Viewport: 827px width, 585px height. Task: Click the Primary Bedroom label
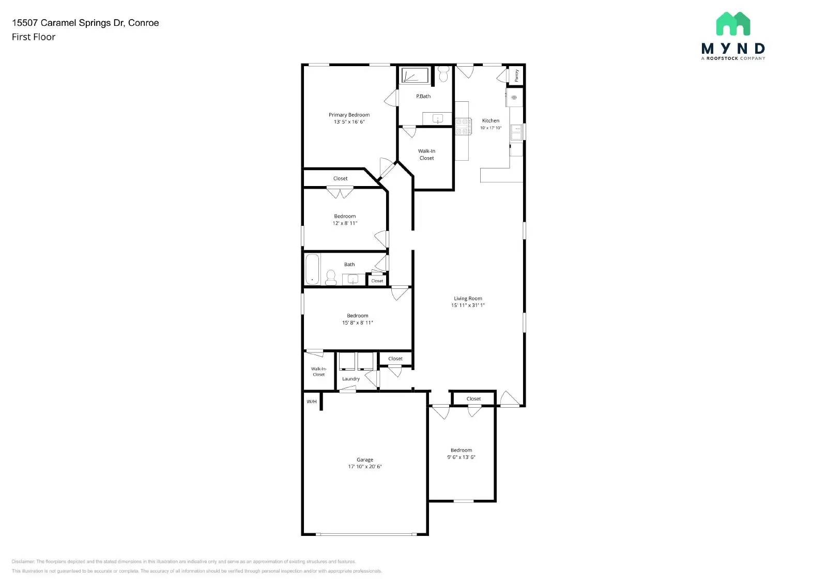click(349, 115)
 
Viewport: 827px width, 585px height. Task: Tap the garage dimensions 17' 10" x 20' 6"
click(364, 467)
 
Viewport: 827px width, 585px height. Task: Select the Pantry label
click(516, 75)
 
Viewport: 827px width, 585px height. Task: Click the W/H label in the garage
click(311, 402)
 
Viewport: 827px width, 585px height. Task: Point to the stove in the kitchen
click(463, 127)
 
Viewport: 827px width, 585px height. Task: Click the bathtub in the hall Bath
click(312, 269)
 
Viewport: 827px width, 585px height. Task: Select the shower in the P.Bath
click(415, 75)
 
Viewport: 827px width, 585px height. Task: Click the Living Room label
click(468, 298)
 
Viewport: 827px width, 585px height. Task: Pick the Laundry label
click(350, 379)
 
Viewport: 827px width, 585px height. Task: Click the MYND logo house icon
click(733, 24)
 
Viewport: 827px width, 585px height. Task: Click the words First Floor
click(34, 37)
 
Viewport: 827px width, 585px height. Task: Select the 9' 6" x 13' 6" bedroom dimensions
click(461, 457)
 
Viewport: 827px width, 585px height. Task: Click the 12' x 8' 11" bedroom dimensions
click(345, 223)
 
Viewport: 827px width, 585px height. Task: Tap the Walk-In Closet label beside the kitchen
click(426, 155)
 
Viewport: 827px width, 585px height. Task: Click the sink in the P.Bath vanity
click(438, 119)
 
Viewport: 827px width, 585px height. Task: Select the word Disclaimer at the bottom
click(23, 561)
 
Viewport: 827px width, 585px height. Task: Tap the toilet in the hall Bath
click(331, 278)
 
